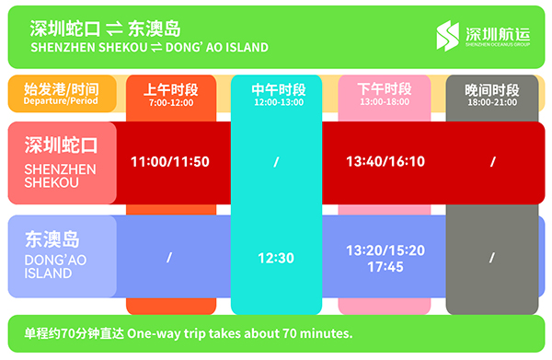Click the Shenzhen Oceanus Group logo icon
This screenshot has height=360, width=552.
click(447, 36)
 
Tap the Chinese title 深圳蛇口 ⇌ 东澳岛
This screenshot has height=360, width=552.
click(105, 29)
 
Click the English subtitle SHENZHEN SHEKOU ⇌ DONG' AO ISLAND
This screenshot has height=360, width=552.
click(150, 47)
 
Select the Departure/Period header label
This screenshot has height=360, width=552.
click(61, 100)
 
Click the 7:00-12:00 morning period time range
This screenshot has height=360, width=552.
click(171, 103)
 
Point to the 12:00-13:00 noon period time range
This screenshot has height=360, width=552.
click(279, 102)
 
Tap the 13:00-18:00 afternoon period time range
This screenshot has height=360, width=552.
click(385, 102)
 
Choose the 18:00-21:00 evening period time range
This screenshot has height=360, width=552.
click(492, 102)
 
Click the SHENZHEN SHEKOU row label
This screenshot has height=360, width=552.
click(60, 176)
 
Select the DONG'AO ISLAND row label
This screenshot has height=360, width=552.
click(55, 267)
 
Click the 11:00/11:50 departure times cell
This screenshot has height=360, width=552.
click(170, 162)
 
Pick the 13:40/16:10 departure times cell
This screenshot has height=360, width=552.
click(385, 161)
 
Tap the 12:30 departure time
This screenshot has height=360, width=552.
click(276, 258)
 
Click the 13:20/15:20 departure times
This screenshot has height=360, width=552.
click(385, 250)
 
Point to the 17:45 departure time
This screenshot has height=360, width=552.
click(385, 267)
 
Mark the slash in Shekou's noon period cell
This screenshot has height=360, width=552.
click(276, 162)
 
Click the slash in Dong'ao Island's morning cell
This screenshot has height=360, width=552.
click(169, 258)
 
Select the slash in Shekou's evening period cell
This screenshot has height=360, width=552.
click(493, 162)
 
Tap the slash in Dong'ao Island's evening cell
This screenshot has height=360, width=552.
click(492, 258)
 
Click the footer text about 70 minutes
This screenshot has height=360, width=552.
click(189, 333)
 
